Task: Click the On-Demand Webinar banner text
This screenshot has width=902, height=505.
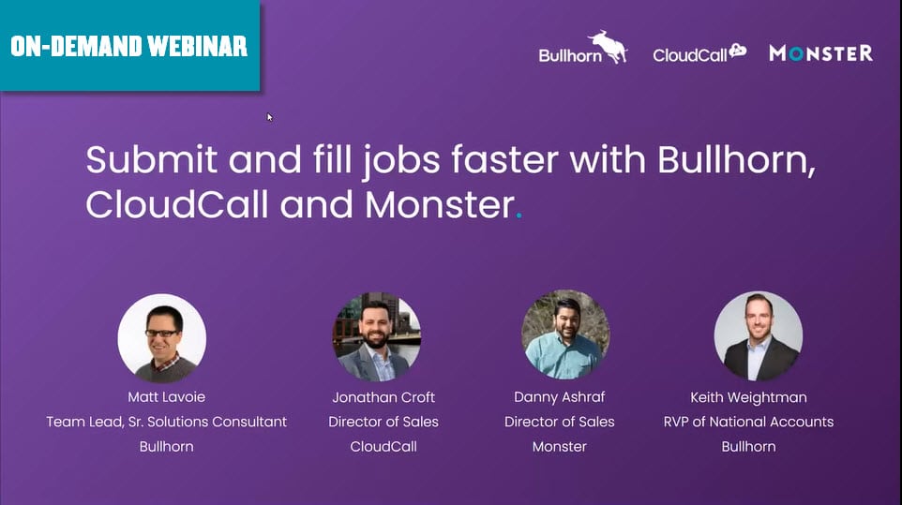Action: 128,47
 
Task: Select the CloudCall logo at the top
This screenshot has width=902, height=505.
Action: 699,52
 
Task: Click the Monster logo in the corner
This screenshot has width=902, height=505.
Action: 820,53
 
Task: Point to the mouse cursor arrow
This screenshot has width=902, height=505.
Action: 270,117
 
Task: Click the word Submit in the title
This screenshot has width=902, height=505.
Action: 152,159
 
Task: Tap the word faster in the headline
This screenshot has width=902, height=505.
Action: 504,159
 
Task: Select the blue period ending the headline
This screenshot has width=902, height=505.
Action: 519,216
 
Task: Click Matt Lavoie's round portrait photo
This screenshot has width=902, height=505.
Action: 161,338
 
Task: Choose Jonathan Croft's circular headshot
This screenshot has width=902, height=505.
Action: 376,336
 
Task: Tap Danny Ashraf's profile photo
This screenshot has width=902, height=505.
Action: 565,334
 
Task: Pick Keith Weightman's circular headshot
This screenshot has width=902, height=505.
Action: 759,336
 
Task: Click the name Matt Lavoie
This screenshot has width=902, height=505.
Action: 166,397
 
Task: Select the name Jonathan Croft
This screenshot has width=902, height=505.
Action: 383,397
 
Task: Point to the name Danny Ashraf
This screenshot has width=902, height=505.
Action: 559,397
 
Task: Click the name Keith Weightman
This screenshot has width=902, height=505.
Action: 748,397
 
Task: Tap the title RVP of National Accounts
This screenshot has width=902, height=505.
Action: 748,422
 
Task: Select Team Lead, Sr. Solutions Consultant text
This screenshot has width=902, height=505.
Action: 166,422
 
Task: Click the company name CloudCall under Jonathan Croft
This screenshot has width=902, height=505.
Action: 383,446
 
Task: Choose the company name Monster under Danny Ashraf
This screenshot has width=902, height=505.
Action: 559,446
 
